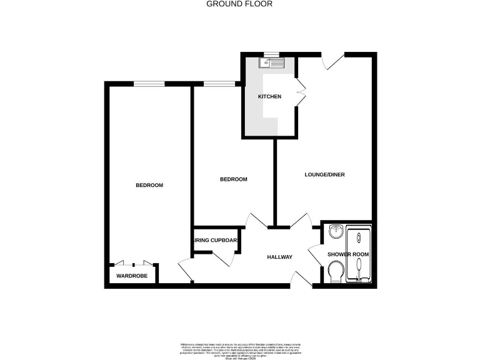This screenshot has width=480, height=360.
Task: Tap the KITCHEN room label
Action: (x=269, y=97)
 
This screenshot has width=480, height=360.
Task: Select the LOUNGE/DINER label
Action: (x=324, y=174)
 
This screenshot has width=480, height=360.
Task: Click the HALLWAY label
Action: (x=279, y=257)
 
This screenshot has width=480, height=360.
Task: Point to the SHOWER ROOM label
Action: (x=349, y=254)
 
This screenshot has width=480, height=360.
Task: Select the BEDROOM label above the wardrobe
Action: (x=149, y=185)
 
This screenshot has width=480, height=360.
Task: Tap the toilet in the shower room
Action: (x=336, y=271)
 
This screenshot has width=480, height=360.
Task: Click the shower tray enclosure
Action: (x=359, y=255)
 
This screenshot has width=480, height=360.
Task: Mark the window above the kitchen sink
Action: (x=271, y=54)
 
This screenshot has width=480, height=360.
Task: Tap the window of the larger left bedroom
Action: (x=150, y=83)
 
